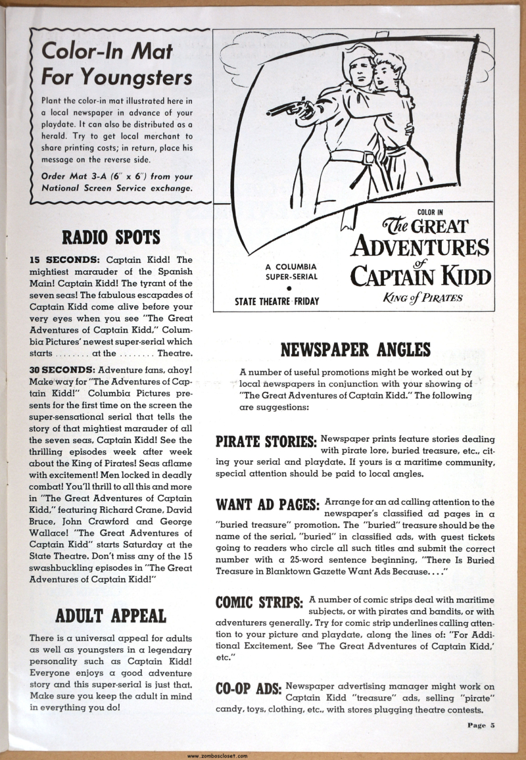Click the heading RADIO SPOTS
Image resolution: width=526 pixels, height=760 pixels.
pos(111,237)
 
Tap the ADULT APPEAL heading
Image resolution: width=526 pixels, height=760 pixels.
pos(111,615)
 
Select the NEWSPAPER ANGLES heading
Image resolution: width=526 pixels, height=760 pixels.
pos(356,349)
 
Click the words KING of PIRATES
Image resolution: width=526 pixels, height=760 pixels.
pos(423,297)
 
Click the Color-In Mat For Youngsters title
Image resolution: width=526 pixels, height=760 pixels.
pos(116,64)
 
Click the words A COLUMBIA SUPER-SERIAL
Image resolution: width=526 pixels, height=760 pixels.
pos(291,271)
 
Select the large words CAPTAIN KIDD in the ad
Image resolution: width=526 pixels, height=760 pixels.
pos(421,275)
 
